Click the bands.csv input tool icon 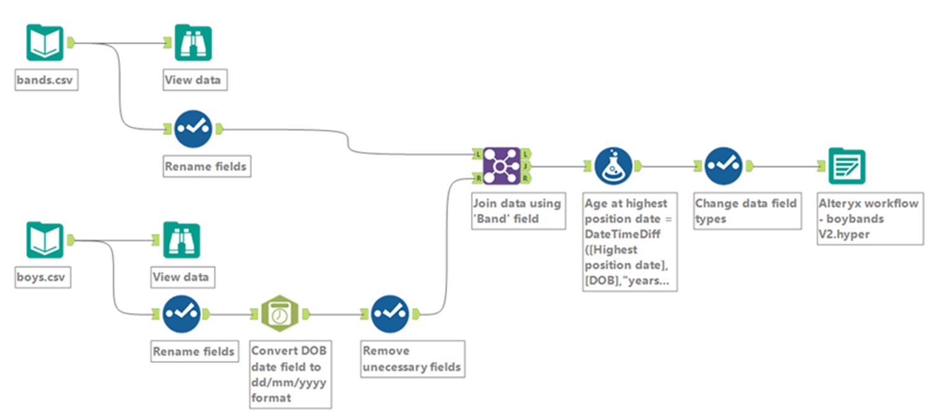click(x=45, y=43)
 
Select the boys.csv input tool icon click(x=45, y=240)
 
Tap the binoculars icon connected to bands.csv click(x=193, y=43)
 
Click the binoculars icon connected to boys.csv click(x=181, y=240)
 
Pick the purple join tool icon click(x=502, y=166)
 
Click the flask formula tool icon click(x=613, y=166)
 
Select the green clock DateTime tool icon click(x=280, y=313)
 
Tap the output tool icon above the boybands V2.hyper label click(x=847, y=166)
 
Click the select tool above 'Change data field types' click(x=723, y=166)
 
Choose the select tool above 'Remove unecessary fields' click(x=390, y=314)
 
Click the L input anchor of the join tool click(x=478, y=155)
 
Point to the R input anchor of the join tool click(x=478, y=178)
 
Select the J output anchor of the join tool click(x=526, y=166)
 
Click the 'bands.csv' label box click(x=47, y=79)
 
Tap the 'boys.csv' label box click(x=43, y=277)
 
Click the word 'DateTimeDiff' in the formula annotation click(x=622, y=234)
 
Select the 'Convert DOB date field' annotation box click(x=291, y=374)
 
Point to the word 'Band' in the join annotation click(x=492, y=218)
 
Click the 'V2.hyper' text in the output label click(x=844, y=234)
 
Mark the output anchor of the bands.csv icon click(x=71, y=43)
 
